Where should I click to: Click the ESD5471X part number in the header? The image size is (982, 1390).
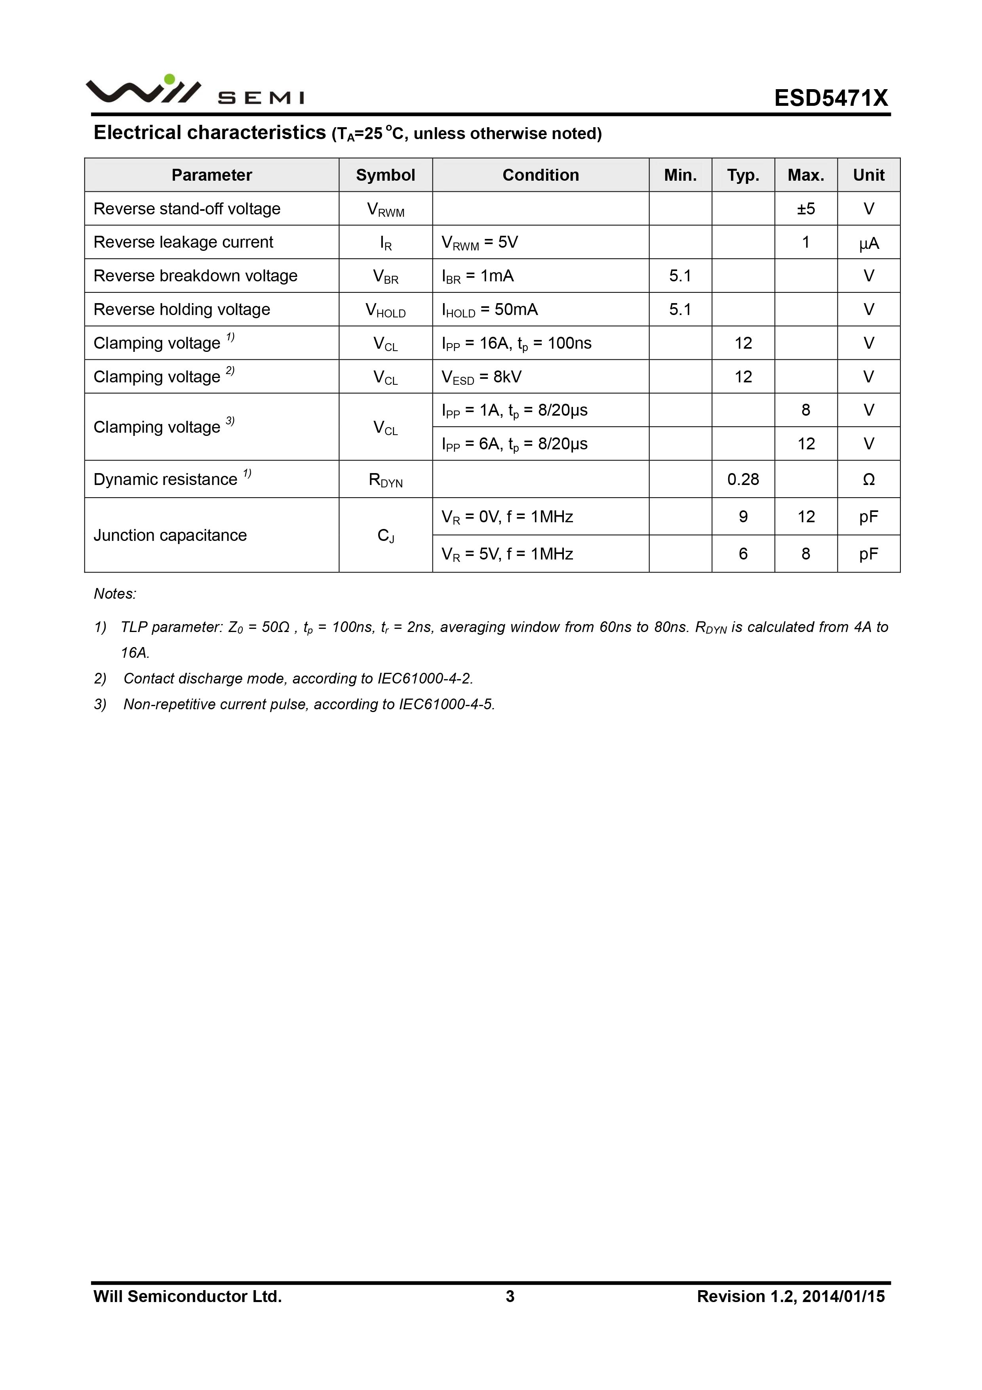tap(831, 98)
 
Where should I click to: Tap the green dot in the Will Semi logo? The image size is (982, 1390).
tap(169, 79)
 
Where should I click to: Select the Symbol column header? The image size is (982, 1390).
tap(385, 175)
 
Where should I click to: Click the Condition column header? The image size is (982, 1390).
tap(540, 175)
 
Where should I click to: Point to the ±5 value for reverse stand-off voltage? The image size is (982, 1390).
tap(805, 209)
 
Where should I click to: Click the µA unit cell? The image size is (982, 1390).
tap(868, 243)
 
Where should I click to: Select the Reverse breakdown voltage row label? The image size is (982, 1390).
tap(196, 276)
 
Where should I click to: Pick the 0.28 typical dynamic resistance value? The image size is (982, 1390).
tap(743, 479)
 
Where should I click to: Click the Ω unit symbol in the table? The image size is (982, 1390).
tap(868, 479)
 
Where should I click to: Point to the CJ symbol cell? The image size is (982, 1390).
tap(385, 536)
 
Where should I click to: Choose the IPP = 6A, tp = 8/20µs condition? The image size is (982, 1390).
tap(514, 444)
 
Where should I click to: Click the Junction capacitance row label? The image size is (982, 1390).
tap(170, 535)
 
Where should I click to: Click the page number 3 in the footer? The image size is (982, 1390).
tap(510, 1296)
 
